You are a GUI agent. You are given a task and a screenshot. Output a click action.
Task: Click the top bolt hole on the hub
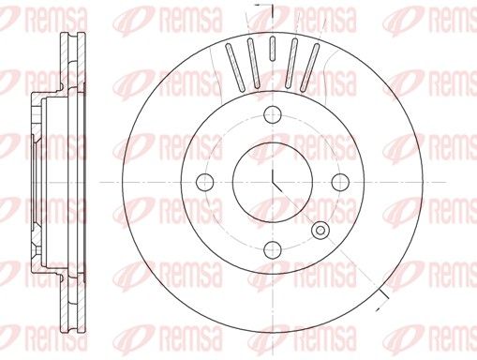273,114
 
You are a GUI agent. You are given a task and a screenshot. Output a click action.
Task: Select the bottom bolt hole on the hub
273,249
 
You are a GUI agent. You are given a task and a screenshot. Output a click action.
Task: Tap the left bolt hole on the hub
205,182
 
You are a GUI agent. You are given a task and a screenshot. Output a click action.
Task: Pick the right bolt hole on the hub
340,182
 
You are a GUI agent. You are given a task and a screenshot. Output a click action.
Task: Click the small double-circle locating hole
320,231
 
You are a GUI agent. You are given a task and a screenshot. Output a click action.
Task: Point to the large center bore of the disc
273,182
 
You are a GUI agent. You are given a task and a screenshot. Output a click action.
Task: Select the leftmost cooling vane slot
235,67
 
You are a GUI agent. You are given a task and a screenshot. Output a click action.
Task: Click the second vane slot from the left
253,63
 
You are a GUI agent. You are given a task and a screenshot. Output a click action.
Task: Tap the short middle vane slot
273,49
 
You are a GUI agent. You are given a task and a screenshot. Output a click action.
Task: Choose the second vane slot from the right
291,63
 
